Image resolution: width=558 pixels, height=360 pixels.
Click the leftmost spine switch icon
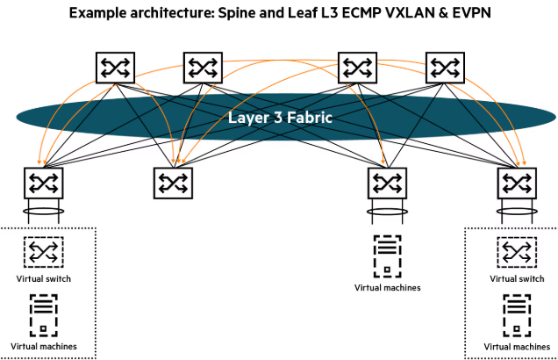coord(114,68)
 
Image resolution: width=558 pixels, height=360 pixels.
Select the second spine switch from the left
coord(201,68)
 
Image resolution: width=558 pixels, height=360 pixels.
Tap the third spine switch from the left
coord(357,68)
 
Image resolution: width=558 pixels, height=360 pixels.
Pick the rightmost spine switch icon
coord(443,68)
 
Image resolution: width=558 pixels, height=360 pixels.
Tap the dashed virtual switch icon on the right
coord(515,254)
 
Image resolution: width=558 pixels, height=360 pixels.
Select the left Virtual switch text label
coord(43,278)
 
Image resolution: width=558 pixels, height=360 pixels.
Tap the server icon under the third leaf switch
coord(387,257)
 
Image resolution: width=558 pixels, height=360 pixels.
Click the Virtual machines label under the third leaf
coord(387,287)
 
